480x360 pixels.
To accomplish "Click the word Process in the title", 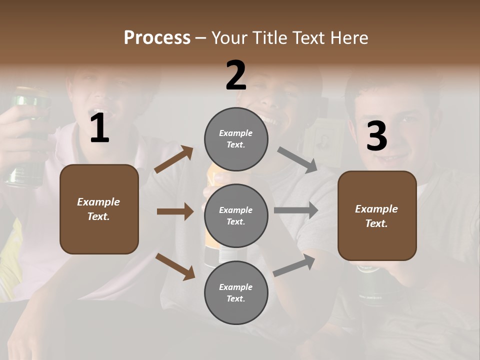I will (x=157, y=37).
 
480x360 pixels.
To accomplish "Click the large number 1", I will (x=99, y=129).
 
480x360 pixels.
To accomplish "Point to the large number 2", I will (x=236, y=75).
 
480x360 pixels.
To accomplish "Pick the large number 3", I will (x=376, y=136).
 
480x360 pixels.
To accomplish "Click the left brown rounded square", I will (x=99, y=209).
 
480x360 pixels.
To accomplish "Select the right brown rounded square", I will (x=377, y=215).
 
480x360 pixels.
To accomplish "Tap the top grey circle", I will (x=236, y=139).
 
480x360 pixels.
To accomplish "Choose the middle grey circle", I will (x=236, y=215).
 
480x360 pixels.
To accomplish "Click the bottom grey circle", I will (x=236, y=292).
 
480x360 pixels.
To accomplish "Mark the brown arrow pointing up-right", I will (x=174, y=159).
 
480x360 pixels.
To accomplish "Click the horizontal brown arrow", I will (x=175, y=211).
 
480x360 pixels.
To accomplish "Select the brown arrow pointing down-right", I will (x=175, y=266).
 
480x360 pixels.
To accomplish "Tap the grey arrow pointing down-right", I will (x=297, y=159).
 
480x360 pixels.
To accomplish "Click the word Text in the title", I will (x=310, y=37).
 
